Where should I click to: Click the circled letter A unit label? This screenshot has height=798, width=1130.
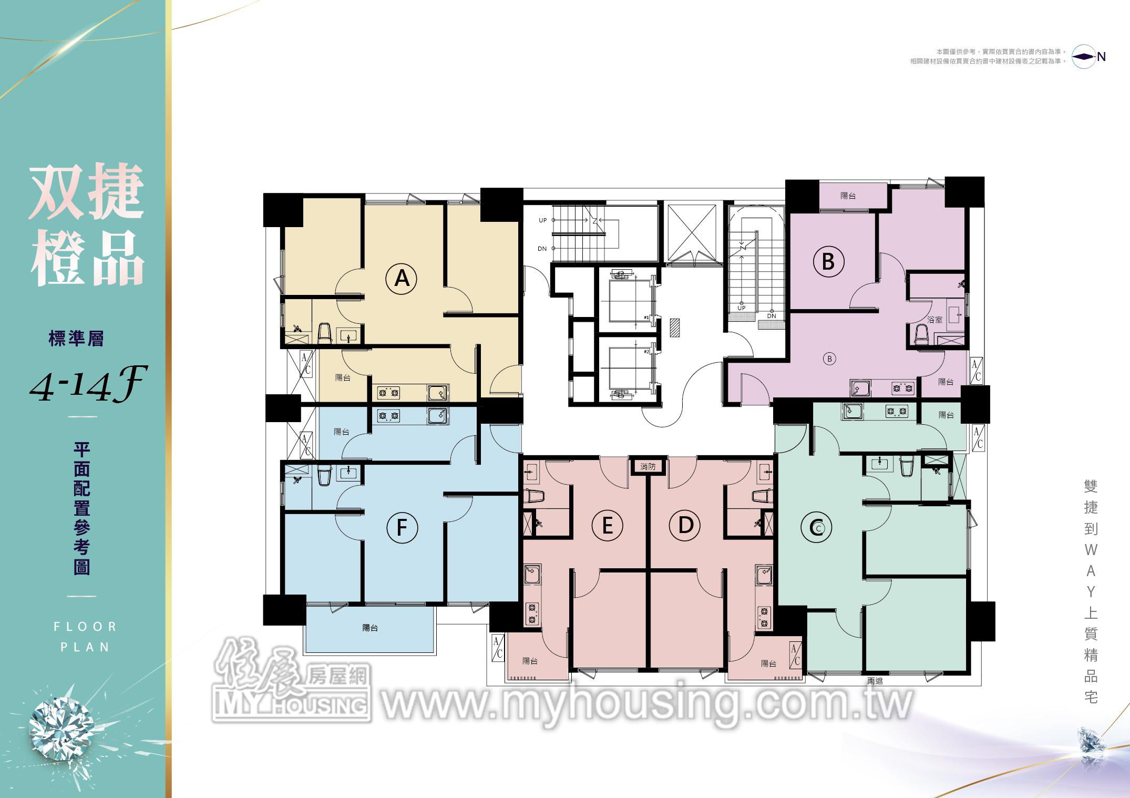pyautogui.click(x=402, y=278)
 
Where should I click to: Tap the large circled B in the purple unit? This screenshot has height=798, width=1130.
pyautogui.click(x=828, y=261)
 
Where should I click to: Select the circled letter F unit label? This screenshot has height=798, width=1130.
pyautogui.click(x=402, y=527)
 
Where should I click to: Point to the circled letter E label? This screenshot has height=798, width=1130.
pyautogui.click(x=607, y=525)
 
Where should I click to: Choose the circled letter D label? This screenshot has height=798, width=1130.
pyautogui.click(x=685, y=525)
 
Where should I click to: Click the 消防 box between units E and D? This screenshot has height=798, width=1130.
pyautogui.click(x=648, y=466)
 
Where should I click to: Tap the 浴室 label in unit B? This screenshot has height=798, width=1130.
pyautogui.click(x=935, y=319)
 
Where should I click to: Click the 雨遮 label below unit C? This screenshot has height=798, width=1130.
pyautogui.click(x=875, y=681)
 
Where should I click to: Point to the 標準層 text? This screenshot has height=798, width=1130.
pyautogui.click(x=76, y=339)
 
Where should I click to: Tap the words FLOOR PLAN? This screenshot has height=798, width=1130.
pyautogui.click(x=85, y=637)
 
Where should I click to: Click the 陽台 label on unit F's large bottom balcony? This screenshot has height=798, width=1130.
pyautogui.click(x=370, y=628)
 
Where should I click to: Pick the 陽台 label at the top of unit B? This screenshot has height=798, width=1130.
pyautogui.click(x=848, y=196)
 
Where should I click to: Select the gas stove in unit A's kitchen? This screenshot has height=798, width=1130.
pyautogui.click(x=388, y=392)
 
